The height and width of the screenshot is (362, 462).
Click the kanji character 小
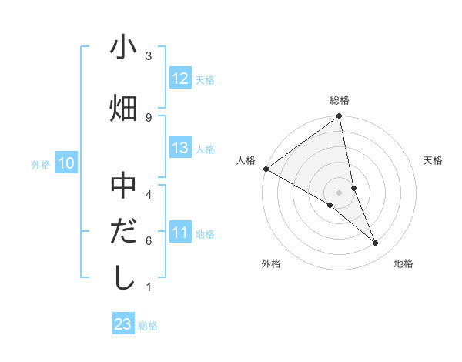(123, 48)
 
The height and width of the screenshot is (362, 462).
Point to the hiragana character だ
(123, 231)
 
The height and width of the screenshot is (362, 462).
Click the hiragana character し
(123, 277)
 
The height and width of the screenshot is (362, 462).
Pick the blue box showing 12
(180, 79)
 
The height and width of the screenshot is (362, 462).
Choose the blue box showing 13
(180, 148)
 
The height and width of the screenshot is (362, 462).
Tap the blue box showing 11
(180, 233)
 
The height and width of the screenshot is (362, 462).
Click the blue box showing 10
(66, 163)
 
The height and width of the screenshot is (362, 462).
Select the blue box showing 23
(123, 324)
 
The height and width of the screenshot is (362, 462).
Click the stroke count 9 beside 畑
(149, 116)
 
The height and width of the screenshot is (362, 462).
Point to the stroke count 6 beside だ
(149, 240)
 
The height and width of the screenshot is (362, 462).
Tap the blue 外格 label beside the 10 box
(41, 164)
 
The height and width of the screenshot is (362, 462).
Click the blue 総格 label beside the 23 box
(148, 326)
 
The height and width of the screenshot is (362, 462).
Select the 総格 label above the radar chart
(340, 100)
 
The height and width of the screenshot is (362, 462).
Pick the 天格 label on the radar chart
(434, 160)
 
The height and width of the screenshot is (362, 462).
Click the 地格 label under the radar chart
(403, 263)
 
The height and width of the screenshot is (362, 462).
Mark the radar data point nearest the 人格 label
(266, 168)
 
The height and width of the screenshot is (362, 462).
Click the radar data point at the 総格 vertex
(340, 117)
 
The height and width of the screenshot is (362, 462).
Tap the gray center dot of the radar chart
(340, 192)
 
